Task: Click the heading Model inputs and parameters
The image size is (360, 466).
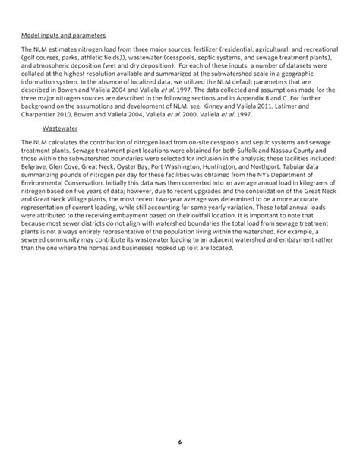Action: [x=63, y=36]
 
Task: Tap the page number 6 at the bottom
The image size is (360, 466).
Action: [x=180, y=442]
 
